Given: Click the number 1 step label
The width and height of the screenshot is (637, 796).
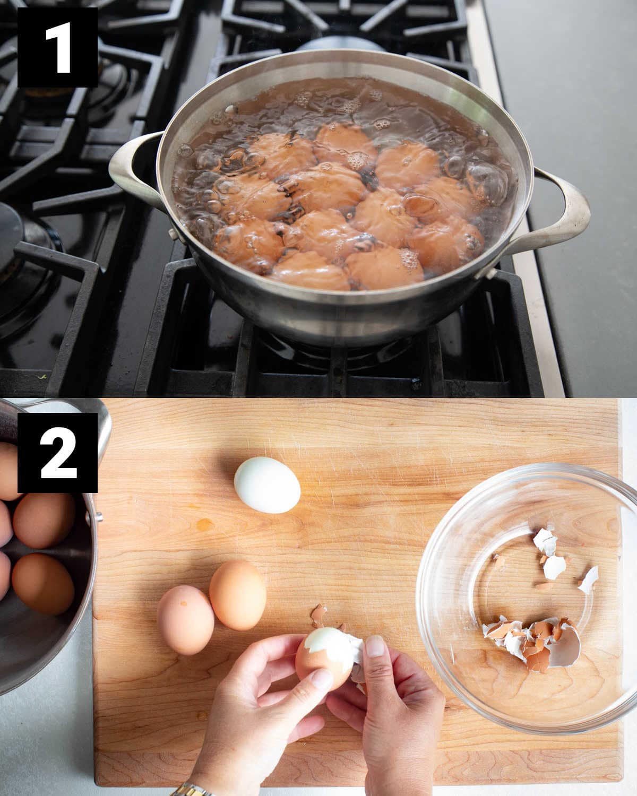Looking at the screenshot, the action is tap(57, 47).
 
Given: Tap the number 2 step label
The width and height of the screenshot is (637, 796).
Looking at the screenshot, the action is tap(57, 453).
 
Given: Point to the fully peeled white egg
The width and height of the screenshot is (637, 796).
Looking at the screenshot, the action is tap(267, 485).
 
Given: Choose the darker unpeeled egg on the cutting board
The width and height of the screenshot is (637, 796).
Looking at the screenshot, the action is tap(238, 595).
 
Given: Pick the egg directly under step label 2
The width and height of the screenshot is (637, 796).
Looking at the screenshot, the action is tap(44, 521).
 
